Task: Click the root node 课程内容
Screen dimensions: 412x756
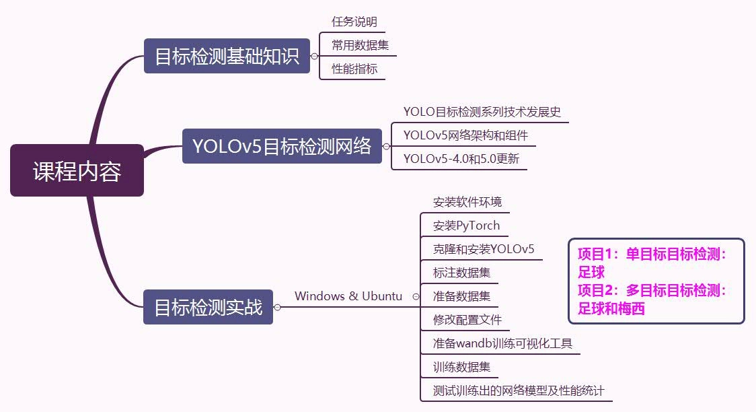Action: tap(77, 171)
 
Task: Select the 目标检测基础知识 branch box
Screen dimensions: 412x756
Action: tap(227, 56)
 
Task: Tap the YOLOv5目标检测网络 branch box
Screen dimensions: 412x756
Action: tap(282, 146)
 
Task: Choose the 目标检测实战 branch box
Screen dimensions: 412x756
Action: tap(208, 307)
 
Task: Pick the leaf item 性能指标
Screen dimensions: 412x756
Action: tap(354, 69)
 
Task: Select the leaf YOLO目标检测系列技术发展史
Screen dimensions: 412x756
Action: tap(482, 112)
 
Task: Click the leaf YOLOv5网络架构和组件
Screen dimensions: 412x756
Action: tap(465, 135)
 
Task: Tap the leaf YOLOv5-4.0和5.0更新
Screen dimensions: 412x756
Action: tap(461, 159)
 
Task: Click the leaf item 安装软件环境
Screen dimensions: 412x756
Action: tap(467, 202)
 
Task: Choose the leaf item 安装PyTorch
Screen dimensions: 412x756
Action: tap(466, 226)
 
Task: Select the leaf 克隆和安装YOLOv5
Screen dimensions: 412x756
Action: tap(483, 249)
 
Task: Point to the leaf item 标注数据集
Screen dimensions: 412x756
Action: tap(461, 273)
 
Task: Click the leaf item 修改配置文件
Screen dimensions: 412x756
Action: tap(467, 320)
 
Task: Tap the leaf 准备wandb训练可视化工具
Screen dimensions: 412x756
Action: tap(502, 343)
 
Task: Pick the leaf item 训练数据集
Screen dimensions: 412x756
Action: tap(461, 367)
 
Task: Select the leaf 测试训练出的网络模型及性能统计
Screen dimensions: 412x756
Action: tap(518, 390)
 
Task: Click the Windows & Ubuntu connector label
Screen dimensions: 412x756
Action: tap(348, 296)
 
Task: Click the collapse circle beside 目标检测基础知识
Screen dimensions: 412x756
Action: tap(314, 57)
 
